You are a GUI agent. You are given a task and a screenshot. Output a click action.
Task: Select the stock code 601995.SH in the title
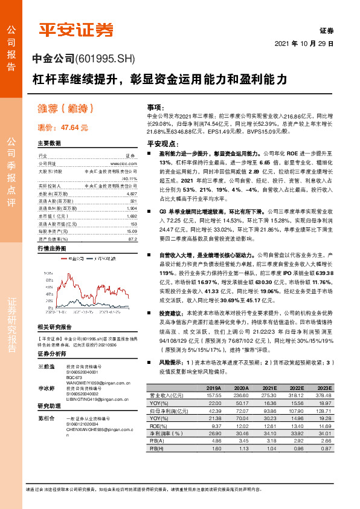point(106,59)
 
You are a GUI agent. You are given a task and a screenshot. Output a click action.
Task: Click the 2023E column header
point(325,388)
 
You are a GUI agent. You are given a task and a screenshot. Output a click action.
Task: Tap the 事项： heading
point(155,106)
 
